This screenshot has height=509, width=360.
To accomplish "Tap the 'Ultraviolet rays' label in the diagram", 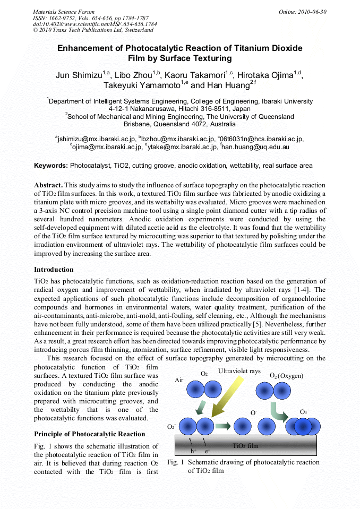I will click(x=239, y=371).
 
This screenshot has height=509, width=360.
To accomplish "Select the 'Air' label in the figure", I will click(x=179, y=381).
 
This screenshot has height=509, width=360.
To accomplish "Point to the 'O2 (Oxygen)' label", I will click(x=286, y=376).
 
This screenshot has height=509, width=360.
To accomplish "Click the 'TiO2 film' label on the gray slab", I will click(x=246, y=446).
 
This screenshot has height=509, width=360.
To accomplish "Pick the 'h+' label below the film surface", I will click(x=193, y=451).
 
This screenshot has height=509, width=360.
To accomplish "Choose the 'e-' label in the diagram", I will click(x=208, y=451).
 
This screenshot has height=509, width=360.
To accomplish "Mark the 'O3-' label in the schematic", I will click(x=305, y=412).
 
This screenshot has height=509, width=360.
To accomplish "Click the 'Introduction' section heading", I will click(x=54, y=270).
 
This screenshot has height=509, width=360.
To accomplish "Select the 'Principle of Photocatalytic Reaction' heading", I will click(x=89, y=434).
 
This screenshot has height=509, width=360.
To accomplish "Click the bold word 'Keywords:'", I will click(x=51, y=166).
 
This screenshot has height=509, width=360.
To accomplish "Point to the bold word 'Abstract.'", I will click(x=49, y=185).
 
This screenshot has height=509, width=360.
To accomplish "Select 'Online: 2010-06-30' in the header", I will click(x=303, y=12).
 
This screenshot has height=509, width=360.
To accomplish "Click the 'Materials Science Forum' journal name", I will click(x=64, y=12).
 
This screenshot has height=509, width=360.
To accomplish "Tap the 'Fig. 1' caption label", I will click(x=175, y=462).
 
